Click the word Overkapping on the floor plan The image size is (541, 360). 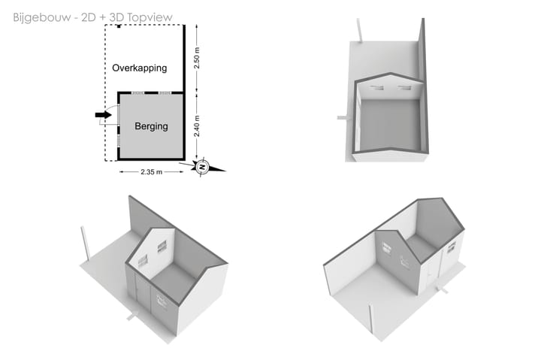click(139, 68)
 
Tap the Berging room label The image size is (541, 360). click(151, 126)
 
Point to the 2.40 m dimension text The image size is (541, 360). click(197, 126)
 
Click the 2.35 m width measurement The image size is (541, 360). click(151, 172)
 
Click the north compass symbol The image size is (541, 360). click(202, 167)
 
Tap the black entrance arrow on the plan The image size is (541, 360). click(104, 115)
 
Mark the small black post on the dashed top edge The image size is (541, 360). click(119, 26)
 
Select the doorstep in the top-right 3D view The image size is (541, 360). click(342, 118)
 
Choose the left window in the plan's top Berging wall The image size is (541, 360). click(131, 92)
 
